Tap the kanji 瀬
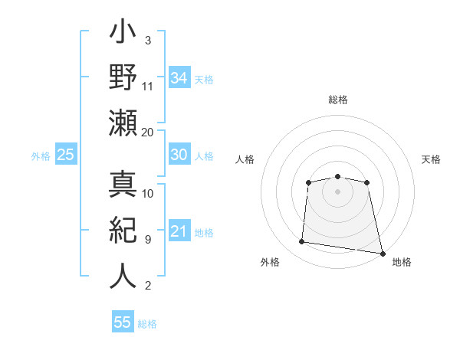123,123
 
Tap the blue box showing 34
179,77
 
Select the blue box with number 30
179,155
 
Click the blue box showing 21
179,231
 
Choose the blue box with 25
65,155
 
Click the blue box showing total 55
123,322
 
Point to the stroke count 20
148,132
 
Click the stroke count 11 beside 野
148,86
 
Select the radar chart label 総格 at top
337,100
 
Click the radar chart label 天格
431,159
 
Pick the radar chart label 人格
245,159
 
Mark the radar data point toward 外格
302,242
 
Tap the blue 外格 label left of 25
41,156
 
